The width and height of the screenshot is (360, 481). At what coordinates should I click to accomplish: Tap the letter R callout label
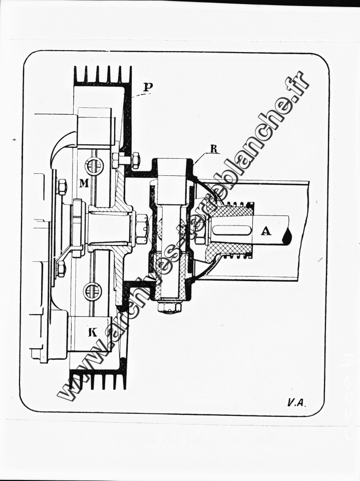[x=214, y=149]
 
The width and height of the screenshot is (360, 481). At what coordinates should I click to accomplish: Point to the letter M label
[x=84, y=183]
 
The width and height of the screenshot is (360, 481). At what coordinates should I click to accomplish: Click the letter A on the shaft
[x=266, y=230]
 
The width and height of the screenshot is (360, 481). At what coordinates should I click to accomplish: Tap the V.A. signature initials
[x=296, y=402]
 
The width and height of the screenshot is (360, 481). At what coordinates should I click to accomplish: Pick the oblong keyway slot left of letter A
[x=232, y=230]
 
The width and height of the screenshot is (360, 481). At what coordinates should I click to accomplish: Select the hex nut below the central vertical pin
[x=169, y=306]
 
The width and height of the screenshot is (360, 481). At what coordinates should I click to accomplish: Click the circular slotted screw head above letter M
[x=94, y=165]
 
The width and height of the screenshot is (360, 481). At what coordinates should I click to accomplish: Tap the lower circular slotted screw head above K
[x=93, y=291]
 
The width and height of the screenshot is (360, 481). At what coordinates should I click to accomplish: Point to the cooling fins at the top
[x=103, y=75]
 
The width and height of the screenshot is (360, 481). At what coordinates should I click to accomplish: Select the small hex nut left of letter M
[x=62, y=187]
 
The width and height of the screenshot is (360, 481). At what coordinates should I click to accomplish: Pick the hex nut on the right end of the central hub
[x=142, y=228]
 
